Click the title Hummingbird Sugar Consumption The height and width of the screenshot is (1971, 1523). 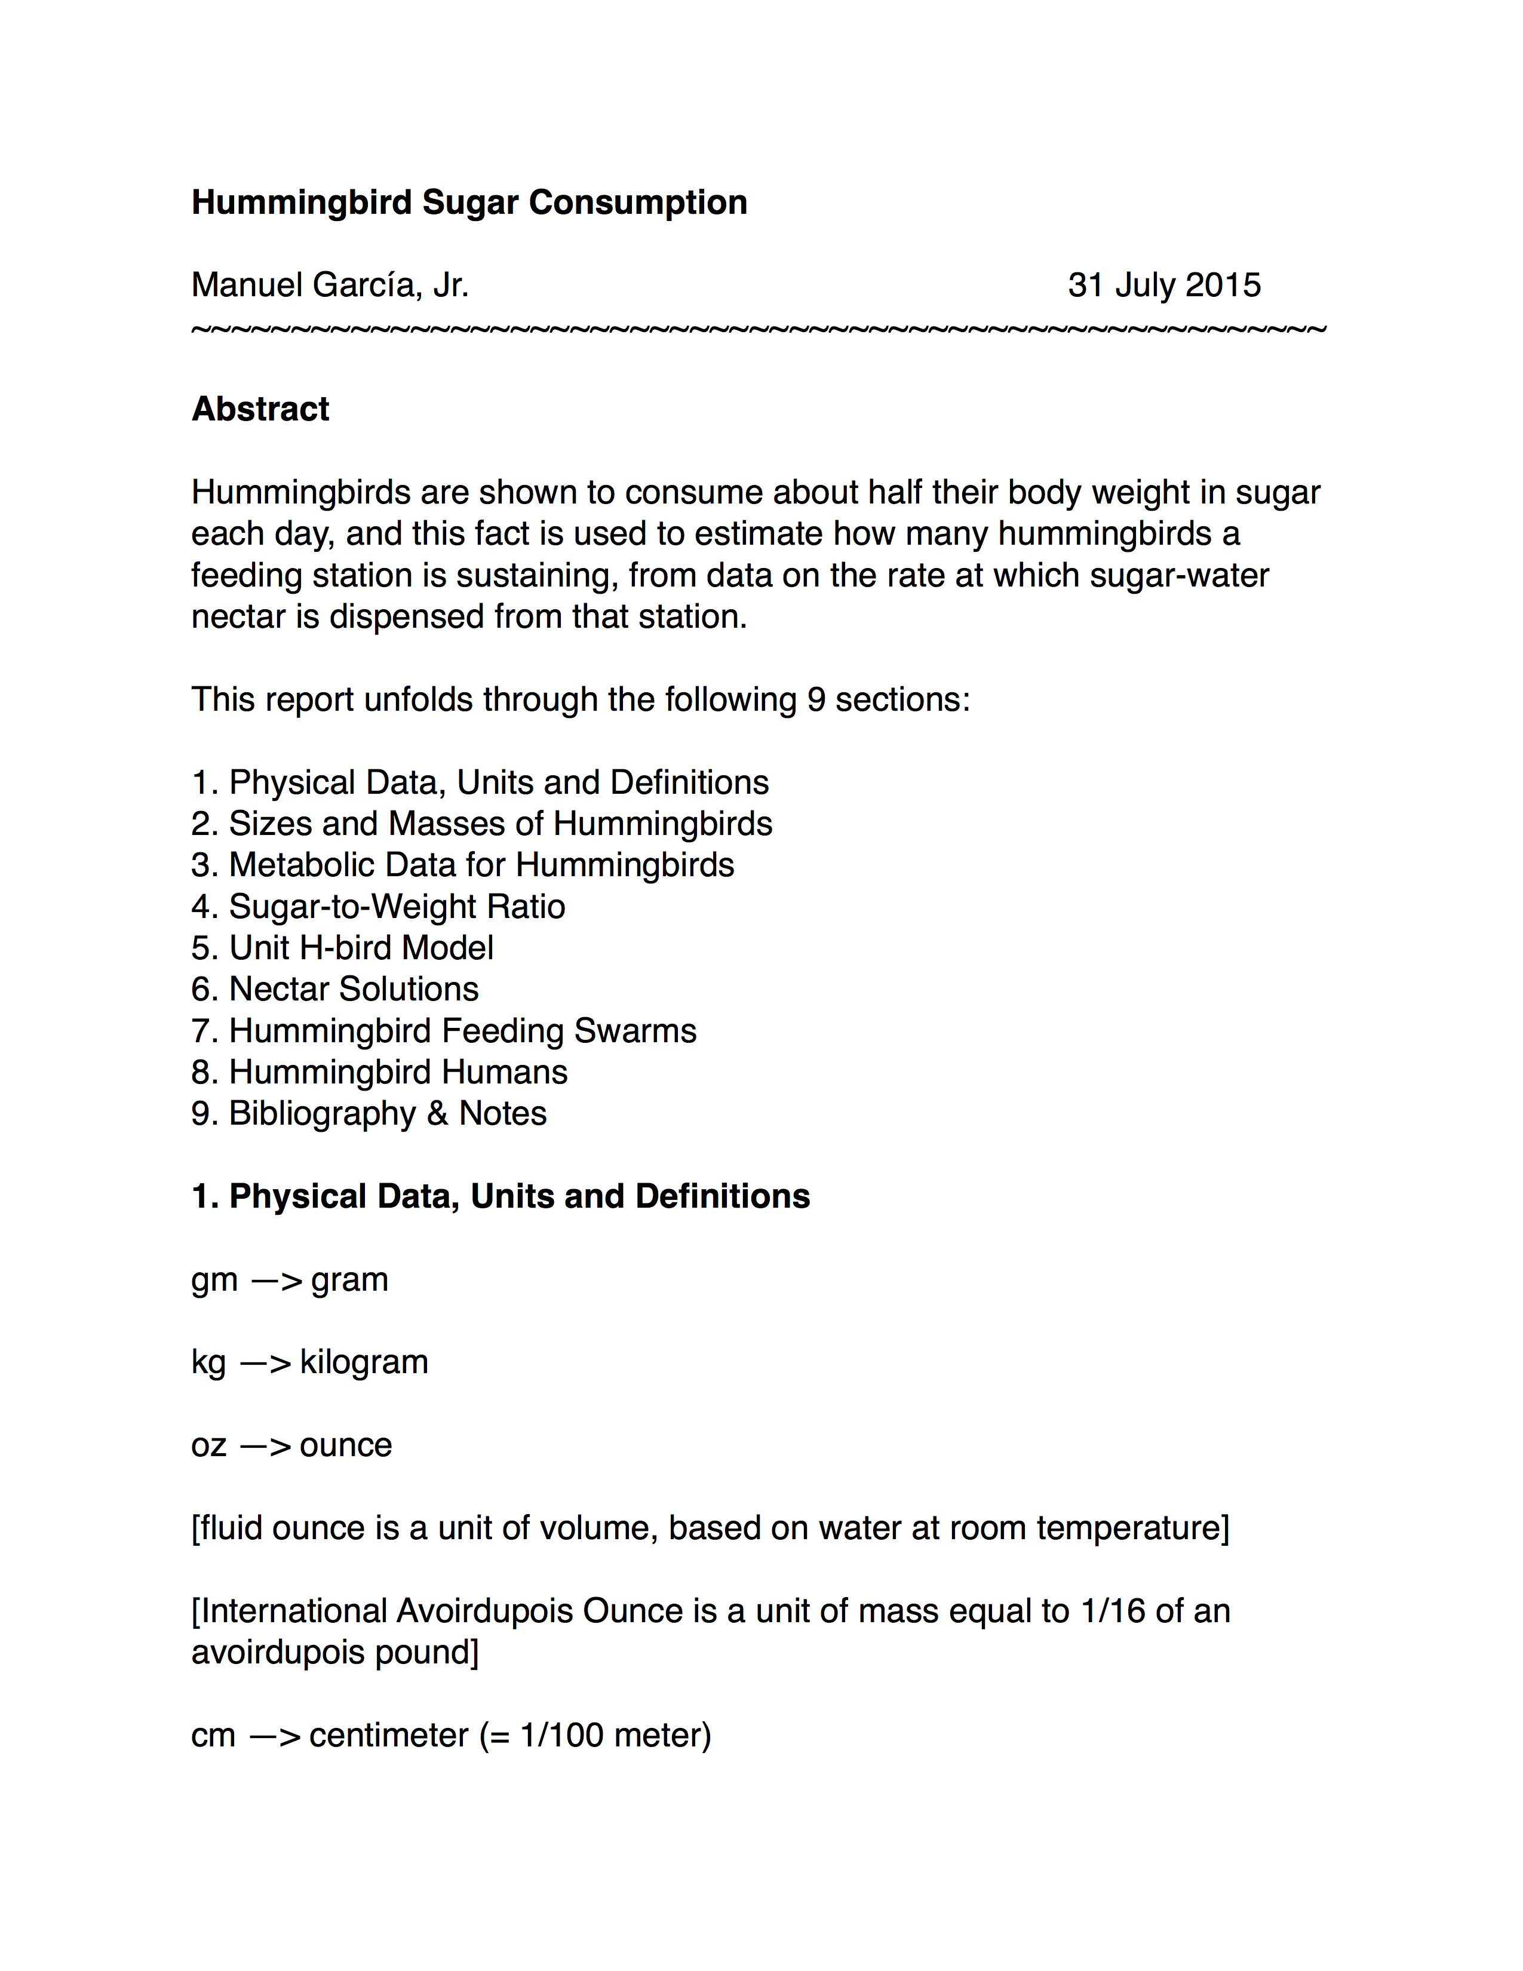[x=469, y=202]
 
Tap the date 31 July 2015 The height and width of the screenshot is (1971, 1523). [x=1164, y=285]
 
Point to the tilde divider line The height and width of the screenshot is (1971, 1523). [x=758, y=330]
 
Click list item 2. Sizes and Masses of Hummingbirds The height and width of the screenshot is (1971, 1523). [x=482, y=824]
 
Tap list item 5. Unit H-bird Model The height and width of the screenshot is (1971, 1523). [x=342, y=948]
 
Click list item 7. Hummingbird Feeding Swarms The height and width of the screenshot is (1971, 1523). [x=444, y=1031]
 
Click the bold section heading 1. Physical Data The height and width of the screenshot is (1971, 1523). [x=500, y=1197]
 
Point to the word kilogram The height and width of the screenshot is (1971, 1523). [x=364, y=1362]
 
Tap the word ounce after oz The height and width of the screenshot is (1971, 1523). [x=346, y=1445]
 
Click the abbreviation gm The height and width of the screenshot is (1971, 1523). [x=215, y=1280]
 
